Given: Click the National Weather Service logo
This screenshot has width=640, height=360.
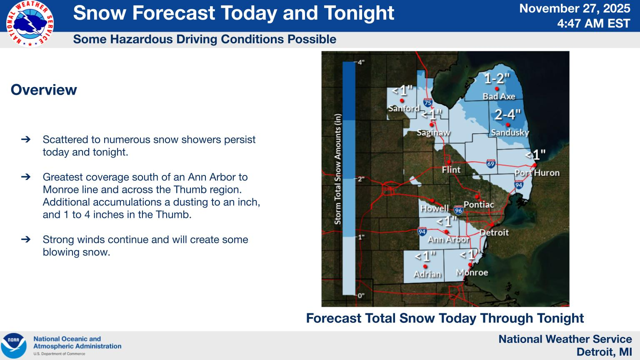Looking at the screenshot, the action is [x=30, y=23].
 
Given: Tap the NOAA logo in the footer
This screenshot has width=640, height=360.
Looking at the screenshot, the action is [x=14, y=345].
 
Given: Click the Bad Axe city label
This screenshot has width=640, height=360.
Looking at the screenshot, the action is [x=499, y=96].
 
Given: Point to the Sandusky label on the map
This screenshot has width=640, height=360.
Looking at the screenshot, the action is [x=510, y=132].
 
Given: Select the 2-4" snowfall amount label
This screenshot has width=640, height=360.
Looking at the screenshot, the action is [x=507, y=115].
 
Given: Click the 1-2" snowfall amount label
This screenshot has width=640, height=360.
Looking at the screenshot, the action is [x=497, y=78].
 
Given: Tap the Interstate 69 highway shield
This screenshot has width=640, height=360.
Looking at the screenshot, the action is [x=491, y=164].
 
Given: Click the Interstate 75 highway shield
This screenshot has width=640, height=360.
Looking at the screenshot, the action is [x=428, y=102].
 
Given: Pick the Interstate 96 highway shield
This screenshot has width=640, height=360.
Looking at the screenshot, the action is [x=458, y=210].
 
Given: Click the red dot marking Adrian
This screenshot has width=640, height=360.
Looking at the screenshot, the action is [x=425, y=266].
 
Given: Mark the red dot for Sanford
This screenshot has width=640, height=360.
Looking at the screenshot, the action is [x=402, y=100].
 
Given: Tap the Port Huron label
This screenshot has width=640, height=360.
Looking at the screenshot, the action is [x=537, y=173].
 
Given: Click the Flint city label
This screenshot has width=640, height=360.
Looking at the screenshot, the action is [x=451, y=170].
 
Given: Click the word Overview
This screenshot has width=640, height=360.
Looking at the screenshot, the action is [x=44, y=90].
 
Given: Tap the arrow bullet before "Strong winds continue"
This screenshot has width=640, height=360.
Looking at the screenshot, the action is [x=26, y=240].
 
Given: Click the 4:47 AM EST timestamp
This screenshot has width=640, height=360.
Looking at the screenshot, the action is [x=593, y=23].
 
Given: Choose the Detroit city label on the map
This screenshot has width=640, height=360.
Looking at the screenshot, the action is [x=494, y=232].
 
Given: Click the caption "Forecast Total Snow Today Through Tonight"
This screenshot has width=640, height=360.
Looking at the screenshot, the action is [x=445, y=318].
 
